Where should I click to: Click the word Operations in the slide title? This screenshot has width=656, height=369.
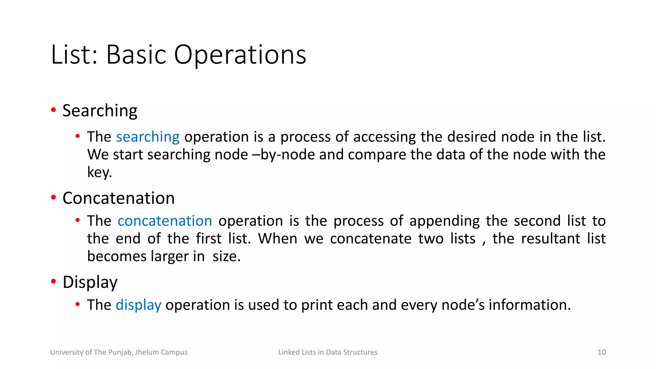pyautogui.click(x=240, y=55)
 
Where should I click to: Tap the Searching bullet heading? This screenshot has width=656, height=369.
pyautogui.click(x=100, y=111)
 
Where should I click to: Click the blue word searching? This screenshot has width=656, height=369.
pyautogui.click(x=148, y=137)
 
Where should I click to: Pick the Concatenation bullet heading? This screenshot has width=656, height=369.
pyautogui.click(x=119, y=198)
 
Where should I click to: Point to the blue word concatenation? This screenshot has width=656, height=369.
pyautogui.click(x=165, y=221)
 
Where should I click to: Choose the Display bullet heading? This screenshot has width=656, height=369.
pyautogui.click(x=90, y=283)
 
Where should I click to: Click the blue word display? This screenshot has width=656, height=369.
pyautogui.click(x=138, y=305)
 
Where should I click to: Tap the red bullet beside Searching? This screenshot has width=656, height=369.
pyautogui.click(x=53, y=110)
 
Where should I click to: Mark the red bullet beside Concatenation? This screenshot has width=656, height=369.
pyautogui.click(x=53, y=197)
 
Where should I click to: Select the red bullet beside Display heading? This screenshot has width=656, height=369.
pyautogui.click(x=53, y=282)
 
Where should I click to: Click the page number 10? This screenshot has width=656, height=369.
pyautogui.click(x=602, y=352)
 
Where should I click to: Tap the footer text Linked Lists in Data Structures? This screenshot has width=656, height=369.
pyautogui.click(x=328, y=352)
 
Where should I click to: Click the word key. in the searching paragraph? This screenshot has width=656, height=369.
pyautogui.click(x=100, y=172)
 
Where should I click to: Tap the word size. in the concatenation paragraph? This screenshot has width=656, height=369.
pyautogui.click(x=226, y=256)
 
